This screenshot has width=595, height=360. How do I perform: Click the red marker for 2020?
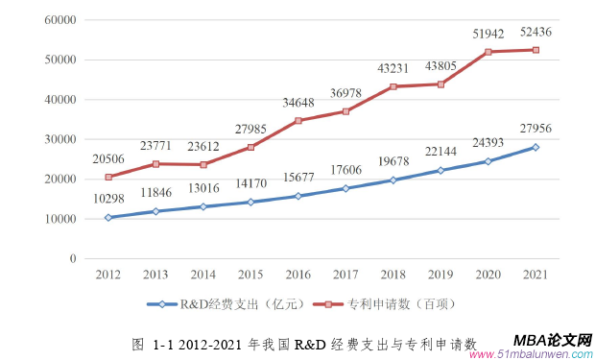tap(488, 52)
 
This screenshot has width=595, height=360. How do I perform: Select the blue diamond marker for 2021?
tap(535, 147)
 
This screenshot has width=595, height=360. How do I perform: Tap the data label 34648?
tap(299, 103)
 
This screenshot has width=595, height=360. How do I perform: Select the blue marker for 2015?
tap(252, 202)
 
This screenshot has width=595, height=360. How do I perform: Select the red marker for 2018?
tap(394, 86)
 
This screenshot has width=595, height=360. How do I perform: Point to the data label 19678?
tap(394, 162)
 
